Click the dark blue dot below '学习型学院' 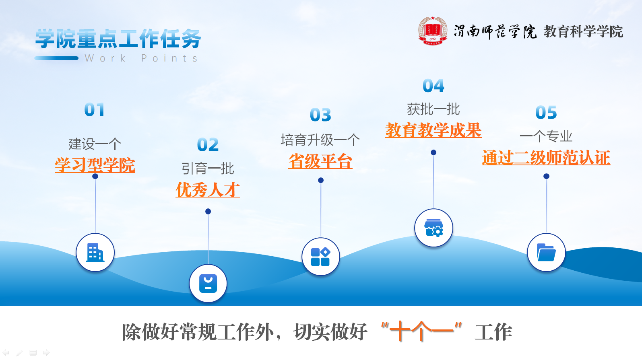tap(95, 176)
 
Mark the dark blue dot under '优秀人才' tap(208, 211)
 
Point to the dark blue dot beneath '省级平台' tap(321, 180)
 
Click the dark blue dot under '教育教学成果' tap(434, 152)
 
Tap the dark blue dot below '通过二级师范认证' tap(546, 176)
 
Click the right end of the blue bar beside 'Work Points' tap(77, 58)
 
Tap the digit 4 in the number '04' tap(439, 86)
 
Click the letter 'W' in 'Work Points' tap(89, 58)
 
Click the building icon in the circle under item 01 tap(95, 253)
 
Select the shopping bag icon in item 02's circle tap(208, 284)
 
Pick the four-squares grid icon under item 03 tap(321, 257)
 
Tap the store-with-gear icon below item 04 tap(434, 228)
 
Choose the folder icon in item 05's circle tap(546, 252)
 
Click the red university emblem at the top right tap(433, 31)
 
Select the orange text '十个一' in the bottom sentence tap(421, 331)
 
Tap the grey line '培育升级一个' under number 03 tap(320, 140)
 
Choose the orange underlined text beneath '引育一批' tap(208, 189)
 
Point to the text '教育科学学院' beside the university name tap(583, 31)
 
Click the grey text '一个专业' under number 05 tap(546, 136)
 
